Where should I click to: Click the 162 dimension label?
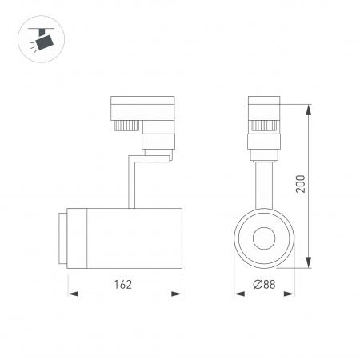point(122,284)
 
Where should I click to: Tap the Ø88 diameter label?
point(265,284)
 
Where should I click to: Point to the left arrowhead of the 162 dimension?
point(70,294)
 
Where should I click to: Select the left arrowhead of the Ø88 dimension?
point(237,294)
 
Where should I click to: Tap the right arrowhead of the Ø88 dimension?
point(294,294)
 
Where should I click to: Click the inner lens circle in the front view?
point(265,238)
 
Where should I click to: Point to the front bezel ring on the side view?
point(62,238)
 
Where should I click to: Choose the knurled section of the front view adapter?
point(264,125)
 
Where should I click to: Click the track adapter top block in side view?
point(141,108)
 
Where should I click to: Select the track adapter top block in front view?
point(264,108)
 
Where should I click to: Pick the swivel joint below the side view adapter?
point(158,144)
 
